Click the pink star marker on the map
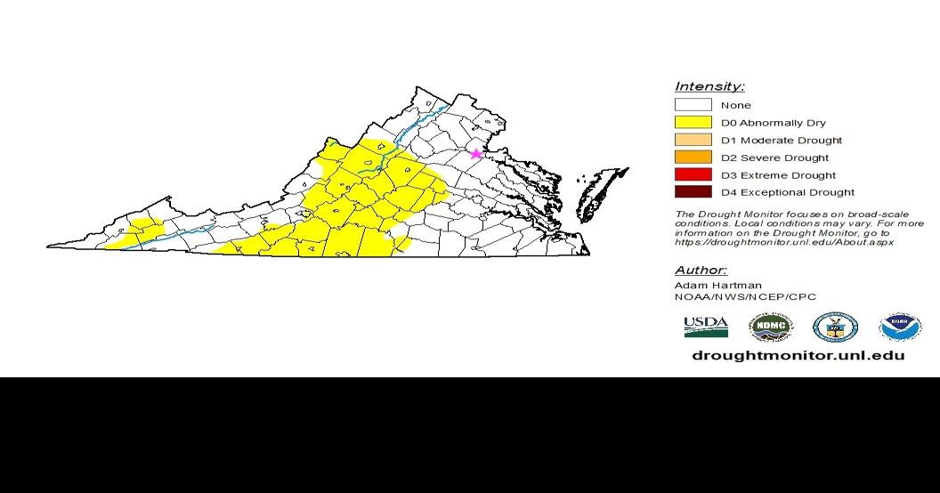(475, 154)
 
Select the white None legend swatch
(693, 105)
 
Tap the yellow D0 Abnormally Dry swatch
(693, 122)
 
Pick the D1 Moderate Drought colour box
(693, 140)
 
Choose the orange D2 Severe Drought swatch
(693, 158)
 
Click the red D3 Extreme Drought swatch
(693, 174)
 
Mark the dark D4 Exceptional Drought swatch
(693, 192)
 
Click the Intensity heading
(709, 86)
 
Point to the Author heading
(701, 270)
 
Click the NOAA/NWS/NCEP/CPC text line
(745, 297)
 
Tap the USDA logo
(706, 327)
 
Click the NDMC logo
(770, 327)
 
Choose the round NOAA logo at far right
(900, 327)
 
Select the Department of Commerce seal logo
(835, 327)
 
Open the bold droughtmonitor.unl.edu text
(798, 355)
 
